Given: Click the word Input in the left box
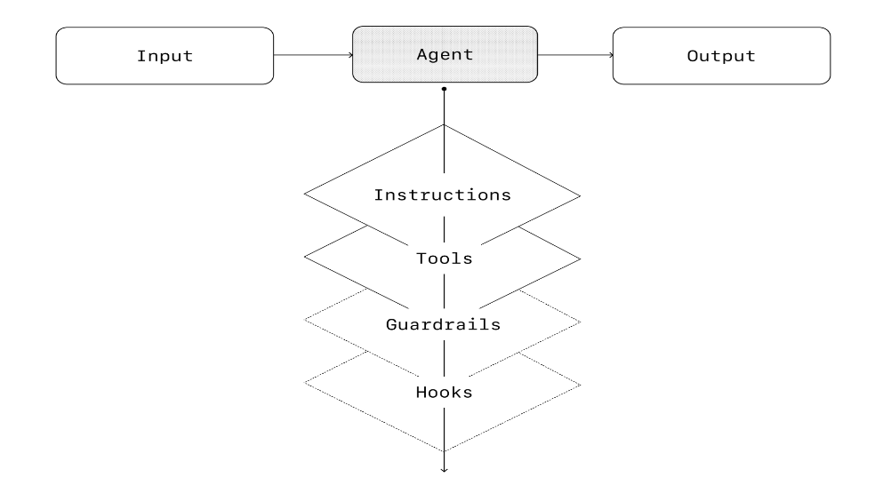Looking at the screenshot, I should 165,56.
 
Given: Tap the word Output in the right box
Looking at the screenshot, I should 721,56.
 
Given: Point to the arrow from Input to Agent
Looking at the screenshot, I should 313,55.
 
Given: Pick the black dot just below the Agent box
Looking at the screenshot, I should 444,90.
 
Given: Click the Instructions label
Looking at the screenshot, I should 443,194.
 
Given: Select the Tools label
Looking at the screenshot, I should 444,259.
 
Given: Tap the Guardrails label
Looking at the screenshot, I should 443,324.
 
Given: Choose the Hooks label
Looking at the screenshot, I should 444,390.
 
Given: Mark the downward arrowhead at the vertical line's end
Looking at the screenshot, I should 444,468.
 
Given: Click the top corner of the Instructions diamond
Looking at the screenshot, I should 444,124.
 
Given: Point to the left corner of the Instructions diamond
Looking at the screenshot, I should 305,194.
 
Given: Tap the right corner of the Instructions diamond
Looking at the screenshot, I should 582,194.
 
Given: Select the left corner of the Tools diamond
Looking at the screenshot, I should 305,258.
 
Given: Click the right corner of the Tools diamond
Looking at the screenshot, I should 582,258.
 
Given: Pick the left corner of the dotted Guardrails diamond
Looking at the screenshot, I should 305,321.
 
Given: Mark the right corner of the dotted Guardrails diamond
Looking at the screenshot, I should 582,321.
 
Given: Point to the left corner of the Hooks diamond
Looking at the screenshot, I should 305,385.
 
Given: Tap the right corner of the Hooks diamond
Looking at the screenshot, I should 582,385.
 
